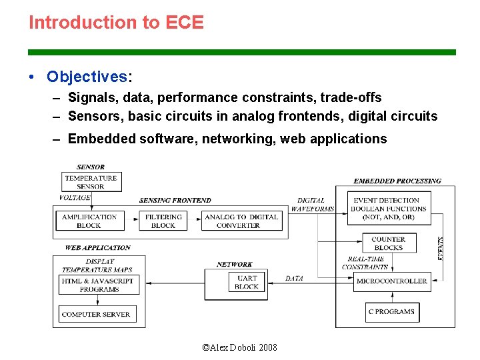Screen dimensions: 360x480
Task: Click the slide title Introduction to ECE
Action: pyautogui.click(x=116, y=23)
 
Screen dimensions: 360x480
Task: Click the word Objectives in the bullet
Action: pyautogui.click(x=87, y=77)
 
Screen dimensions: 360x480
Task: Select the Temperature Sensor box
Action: pyautogui.click(x=91, y=182)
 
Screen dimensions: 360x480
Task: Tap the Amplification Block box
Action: pyautogui.click(x=89, y=221)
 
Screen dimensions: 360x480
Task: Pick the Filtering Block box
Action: pyautogui.click(x=163, y=221)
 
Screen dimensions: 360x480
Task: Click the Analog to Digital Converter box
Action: pyautogui.click(x=241, y=221)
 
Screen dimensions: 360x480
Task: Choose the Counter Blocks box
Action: pyautogui.click(x=389, y=243)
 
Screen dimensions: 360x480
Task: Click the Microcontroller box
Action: pyautogui.click(x=392, y=281)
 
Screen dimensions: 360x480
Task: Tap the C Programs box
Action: pyautogui.click(x=391, y=311)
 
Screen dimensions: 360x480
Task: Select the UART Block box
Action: pyautogui.click(x=247, y=282)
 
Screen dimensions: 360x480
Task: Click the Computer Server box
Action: pyautogui.click(x=96, y=314)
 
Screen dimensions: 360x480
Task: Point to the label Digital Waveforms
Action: pyautogui.click(x=312, y=204)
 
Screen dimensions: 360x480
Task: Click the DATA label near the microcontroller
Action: pyautogui.click(x=294, y=279)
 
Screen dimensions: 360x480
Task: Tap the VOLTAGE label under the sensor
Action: pyautogui.click(x=75, y=198)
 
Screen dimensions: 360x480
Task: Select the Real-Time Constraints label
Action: pyautogui.click(x=365, y=263)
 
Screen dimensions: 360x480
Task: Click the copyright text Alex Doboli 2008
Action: pyautogui.click(x=239, y=347)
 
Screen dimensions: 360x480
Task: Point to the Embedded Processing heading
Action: pyautogui.click(x=397, y=181)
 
